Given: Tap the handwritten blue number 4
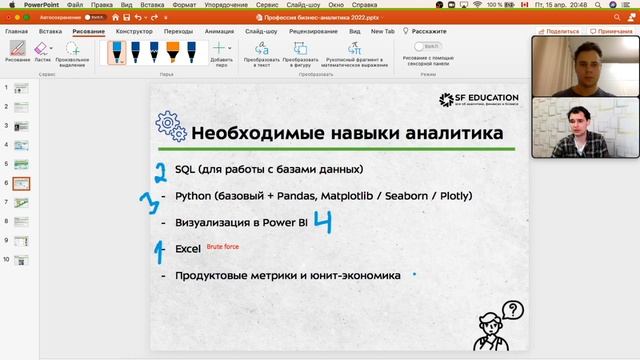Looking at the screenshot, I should click(322, 221).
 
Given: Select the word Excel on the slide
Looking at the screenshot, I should click(188, 247).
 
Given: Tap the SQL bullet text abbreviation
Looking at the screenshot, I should click(185, 169).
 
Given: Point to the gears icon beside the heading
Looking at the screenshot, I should click(170, 127).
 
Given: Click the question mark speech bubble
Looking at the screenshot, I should click(514, 311).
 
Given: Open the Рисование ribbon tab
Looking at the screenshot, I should click(88, 31).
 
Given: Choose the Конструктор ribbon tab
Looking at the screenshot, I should click(134, 31).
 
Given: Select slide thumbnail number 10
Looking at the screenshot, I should click(21, 260).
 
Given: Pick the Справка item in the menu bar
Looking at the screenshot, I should click(364, 5).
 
